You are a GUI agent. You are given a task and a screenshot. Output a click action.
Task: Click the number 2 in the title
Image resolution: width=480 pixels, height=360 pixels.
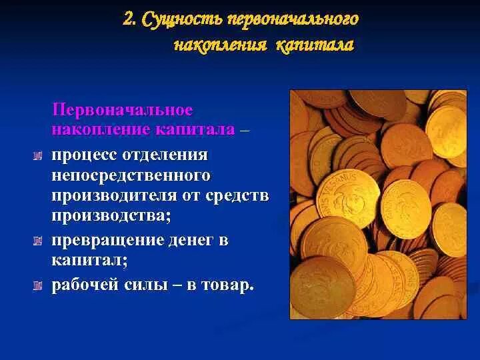click(x=128, y=19)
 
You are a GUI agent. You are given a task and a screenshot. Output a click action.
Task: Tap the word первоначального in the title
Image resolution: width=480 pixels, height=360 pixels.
click(x=293, y=20)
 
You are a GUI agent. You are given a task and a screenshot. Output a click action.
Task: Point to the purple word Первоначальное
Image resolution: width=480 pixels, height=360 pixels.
click(x=123, y=109)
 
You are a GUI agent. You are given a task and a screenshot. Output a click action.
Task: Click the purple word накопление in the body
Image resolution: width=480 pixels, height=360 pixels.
click(x=97, y=129)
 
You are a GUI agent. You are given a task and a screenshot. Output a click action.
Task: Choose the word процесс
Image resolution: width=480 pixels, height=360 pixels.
click(x=84, y=155)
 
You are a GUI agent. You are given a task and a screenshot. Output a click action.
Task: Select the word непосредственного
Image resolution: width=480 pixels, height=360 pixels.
click(x=131, y=175)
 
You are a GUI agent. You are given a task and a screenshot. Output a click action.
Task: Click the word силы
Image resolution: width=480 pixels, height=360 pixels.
click(x=156, y=285)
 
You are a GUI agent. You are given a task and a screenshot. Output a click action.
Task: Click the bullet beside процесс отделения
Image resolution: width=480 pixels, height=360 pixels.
click(x=38, y=156)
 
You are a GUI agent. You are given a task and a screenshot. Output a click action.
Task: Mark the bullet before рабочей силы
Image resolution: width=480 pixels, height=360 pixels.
click(x=38, y=286)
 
